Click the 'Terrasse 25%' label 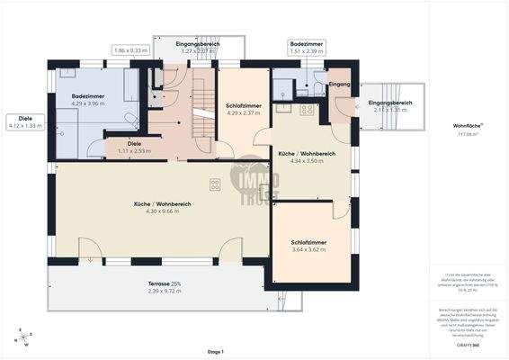coord(164,284)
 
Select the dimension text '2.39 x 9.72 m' coord(164,292)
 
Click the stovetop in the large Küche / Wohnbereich coord(216,185)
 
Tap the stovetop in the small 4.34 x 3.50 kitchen coord(306,110)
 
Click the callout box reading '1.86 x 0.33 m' coord(131,50)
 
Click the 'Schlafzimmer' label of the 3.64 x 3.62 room coord(308,242)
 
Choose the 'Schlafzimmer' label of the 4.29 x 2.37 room coord(242,105)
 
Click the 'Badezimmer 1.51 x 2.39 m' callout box coord(308,47)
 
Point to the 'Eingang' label coord(340,84)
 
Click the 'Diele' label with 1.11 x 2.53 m coord(135,142)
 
